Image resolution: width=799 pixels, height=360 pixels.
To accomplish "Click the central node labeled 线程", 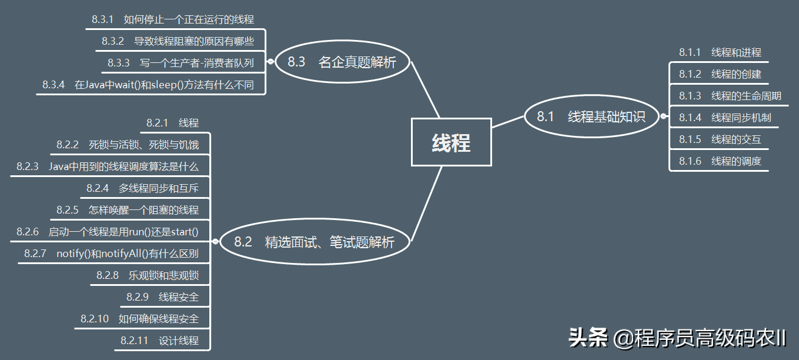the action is coord(451,142).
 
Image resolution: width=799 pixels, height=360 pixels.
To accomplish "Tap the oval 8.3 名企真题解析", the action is coord(342,62).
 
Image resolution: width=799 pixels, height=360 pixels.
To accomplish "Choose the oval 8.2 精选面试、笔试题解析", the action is coord(315,242).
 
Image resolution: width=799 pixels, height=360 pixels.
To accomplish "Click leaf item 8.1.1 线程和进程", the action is coord(720,52).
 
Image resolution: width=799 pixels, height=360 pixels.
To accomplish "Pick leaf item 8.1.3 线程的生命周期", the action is coord(730,96).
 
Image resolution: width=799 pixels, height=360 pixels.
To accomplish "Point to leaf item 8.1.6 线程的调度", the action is coord(720,161).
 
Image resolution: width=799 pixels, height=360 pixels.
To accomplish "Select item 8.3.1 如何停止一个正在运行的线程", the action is coord(173,19).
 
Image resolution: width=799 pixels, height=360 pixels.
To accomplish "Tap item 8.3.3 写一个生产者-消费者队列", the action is coord(180,63).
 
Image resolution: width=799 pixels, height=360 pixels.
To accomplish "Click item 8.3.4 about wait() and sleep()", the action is coord(148,85).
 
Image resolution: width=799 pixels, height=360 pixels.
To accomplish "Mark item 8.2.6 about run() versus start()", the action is coord(108,232).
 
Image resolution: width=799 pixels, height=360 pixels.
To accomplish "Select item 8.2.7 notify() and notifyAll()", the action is coord(111,254).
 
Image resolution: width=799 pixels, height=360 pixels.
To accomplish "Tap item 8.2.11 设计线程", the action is coord(159,341).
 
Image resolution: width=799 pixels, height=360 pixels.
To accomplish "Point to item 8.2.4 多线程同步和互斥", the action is coord(142,188).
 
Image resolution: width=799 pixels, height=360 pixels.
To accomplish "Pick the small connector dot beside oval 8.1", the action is coord(663,116).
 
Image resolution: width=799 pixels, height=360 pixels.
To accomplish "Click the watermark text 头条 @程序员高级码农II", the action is coord(677,338).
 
